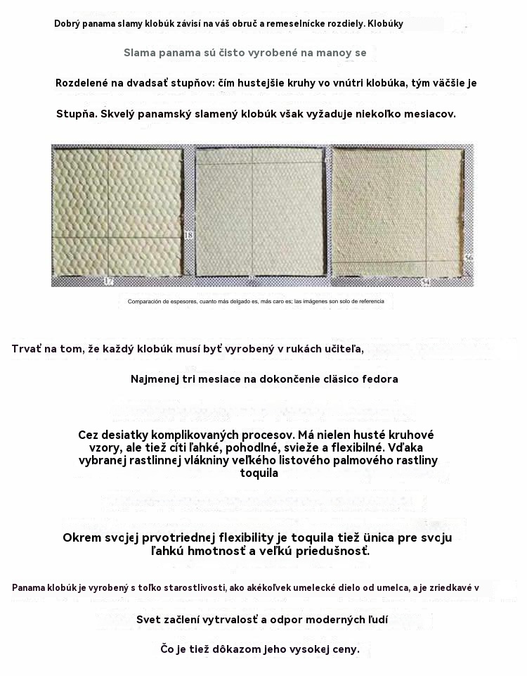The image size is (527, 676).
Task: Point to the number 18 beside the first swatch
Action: click(x=188, y=235)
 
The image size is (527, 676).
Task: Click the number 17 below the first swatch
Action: click(x=108, y=281)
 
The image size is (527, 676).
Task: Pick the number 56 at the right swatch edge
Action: click(x=469, y=259)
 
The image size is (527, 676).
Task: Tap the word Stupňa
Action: click(x=77, y=113)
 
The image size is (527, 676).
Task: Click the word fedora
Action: click(x=379, y=379)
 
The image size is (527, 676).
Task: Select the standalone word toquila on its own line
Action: click(x=259, y=473)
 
